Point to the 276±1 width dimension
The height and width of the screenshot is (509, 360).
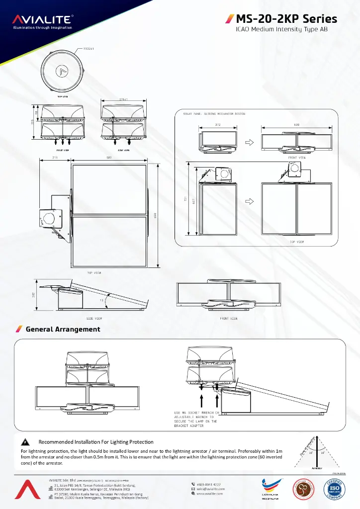tap(123, 99)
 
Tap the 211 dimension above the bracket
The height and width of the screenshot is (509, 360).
tap(55, 158)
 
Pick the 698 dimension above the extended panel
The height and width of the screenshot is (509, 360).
tap(296, 124)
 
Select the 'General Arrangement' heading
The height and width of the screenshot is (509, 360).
tap(63, 329)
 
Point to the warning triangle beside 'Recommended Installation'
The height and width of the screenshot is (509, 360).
tap(24, 442)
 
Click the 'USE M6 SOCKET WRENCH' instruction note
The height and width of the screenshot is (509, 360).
tap(196, 420)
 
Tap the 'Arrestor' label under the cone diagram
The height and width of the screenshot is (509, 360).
tap(317, 468)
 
